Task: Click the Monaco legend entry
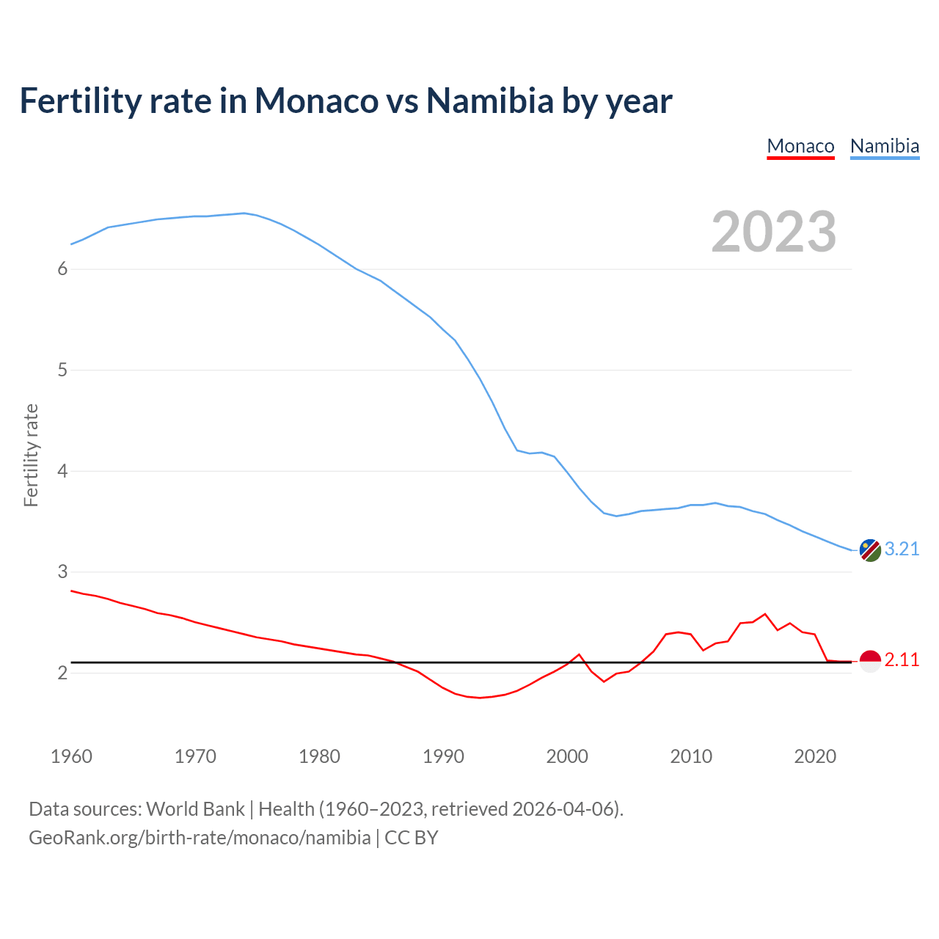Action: tap(800, 146)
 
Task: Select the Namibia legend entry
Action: tap(884, 146)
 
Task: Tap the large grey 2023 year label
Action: tap(774, 232)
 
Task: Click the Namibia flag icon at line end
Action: tap(870, 550)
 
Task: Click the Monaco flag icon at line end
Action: tap(870, 661)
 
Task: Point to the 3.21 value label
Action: tap(902, 549)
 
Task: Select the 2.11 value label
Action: tap(902, 660)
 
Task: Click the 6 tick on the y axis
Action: tap(62, 269)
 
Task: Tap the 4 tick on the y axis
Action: tap(62, 471)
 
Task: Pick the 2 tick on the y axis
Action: tap(62, 673)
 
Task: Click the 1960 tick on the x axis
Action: tap(71, 756)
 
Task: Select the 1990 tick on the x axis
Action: tap(443, 756)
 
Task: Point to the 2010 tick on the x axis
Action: tap(691, 756)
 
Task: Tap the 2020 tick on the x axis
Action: tap(815, 756)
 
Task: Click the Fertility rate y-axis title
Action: tap(31, 455)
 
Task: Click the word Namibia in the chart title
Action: tap(489, 101)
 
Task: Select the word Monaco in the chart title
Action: tap(316, 101)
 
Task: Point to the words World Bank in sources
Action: tap(195, 809)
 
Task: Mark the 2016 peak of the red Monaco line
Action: tap(765, 614)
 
